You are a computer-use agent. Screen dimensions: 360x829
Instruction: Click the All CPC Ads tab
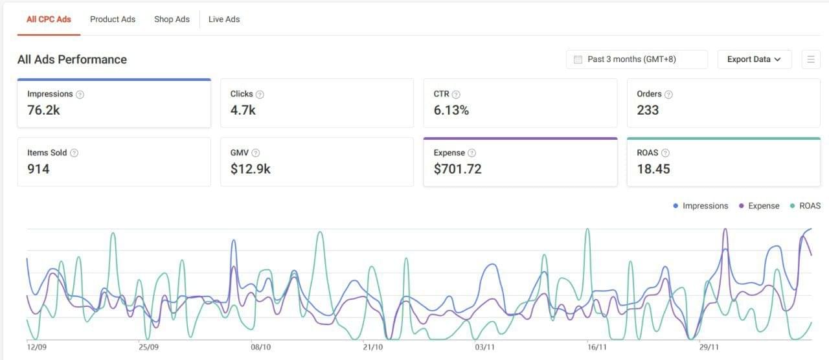tap(49, 19)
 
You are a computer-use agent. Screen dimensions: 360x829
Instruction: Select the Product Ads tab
tap(113, 19)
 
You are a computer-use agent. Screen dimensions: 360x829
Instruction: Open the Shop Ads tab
tap(172, 19)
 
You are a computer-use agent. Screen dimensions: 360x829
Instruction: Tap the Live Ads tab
tap(224, 19)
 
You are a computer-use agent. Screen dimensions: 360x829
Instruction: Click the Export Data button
tap(754, 60)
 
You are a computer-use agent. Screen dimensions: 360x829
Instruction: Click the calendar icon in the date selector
tap(578, 60)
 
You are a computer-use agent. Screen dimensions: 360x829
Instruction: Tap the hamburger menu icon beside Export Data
tap(810, 60)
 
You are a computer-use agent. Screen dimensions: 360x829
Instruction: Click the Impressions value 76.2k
tap(43, 110)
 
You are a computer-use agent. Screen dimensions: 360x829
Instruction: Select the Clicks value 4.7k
tap(243, 110)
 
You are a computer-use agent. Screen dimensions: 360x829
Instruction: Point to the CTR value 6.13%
tap(451, 110)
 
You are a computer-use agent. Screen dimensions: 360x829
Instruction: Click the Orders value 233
tap(648, 110)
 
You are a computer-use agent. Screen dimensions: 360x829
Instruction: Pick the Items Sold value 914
tap(38, 169)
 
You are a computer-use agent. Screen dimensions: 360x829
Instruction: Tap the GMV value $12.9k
tap(250, 169)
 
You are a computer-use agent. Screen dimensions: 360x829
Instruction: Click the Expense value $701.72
tap(457, 169)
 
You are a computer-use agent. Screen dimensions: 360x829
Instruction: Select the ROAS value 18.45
tap(653, 169)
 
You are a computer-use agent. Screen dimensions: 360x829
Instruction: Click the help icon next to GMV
tap(256, 153)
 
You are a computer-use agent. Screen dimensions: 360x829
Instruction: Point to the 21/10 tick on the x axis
tap(373, 348)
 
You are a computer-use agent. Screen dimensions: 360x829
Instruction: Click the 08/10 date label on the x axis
tap(260, 348)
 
